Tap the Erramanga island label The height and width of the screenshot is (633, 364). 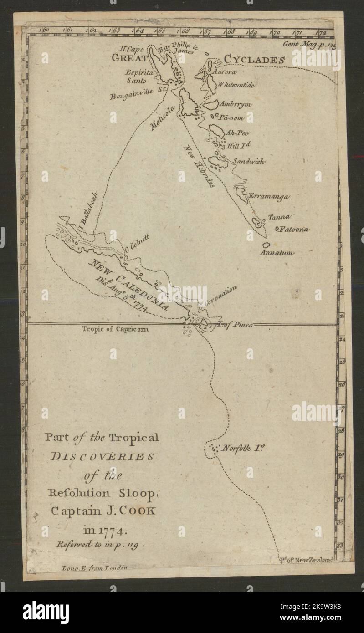(269, 196)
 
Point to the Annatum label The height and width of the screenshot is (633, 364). (277, 252)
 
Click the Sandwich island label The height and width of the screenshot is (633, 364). (249, 161)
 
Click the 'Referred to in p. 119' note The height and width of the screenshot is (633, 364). (100, 543)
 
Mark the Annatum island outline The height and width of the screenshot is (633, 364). (266, 245)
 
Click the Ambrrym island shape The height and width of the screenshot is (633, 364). (211, 105)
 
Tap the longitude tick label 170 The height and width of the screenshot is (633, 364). (275, 32)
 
